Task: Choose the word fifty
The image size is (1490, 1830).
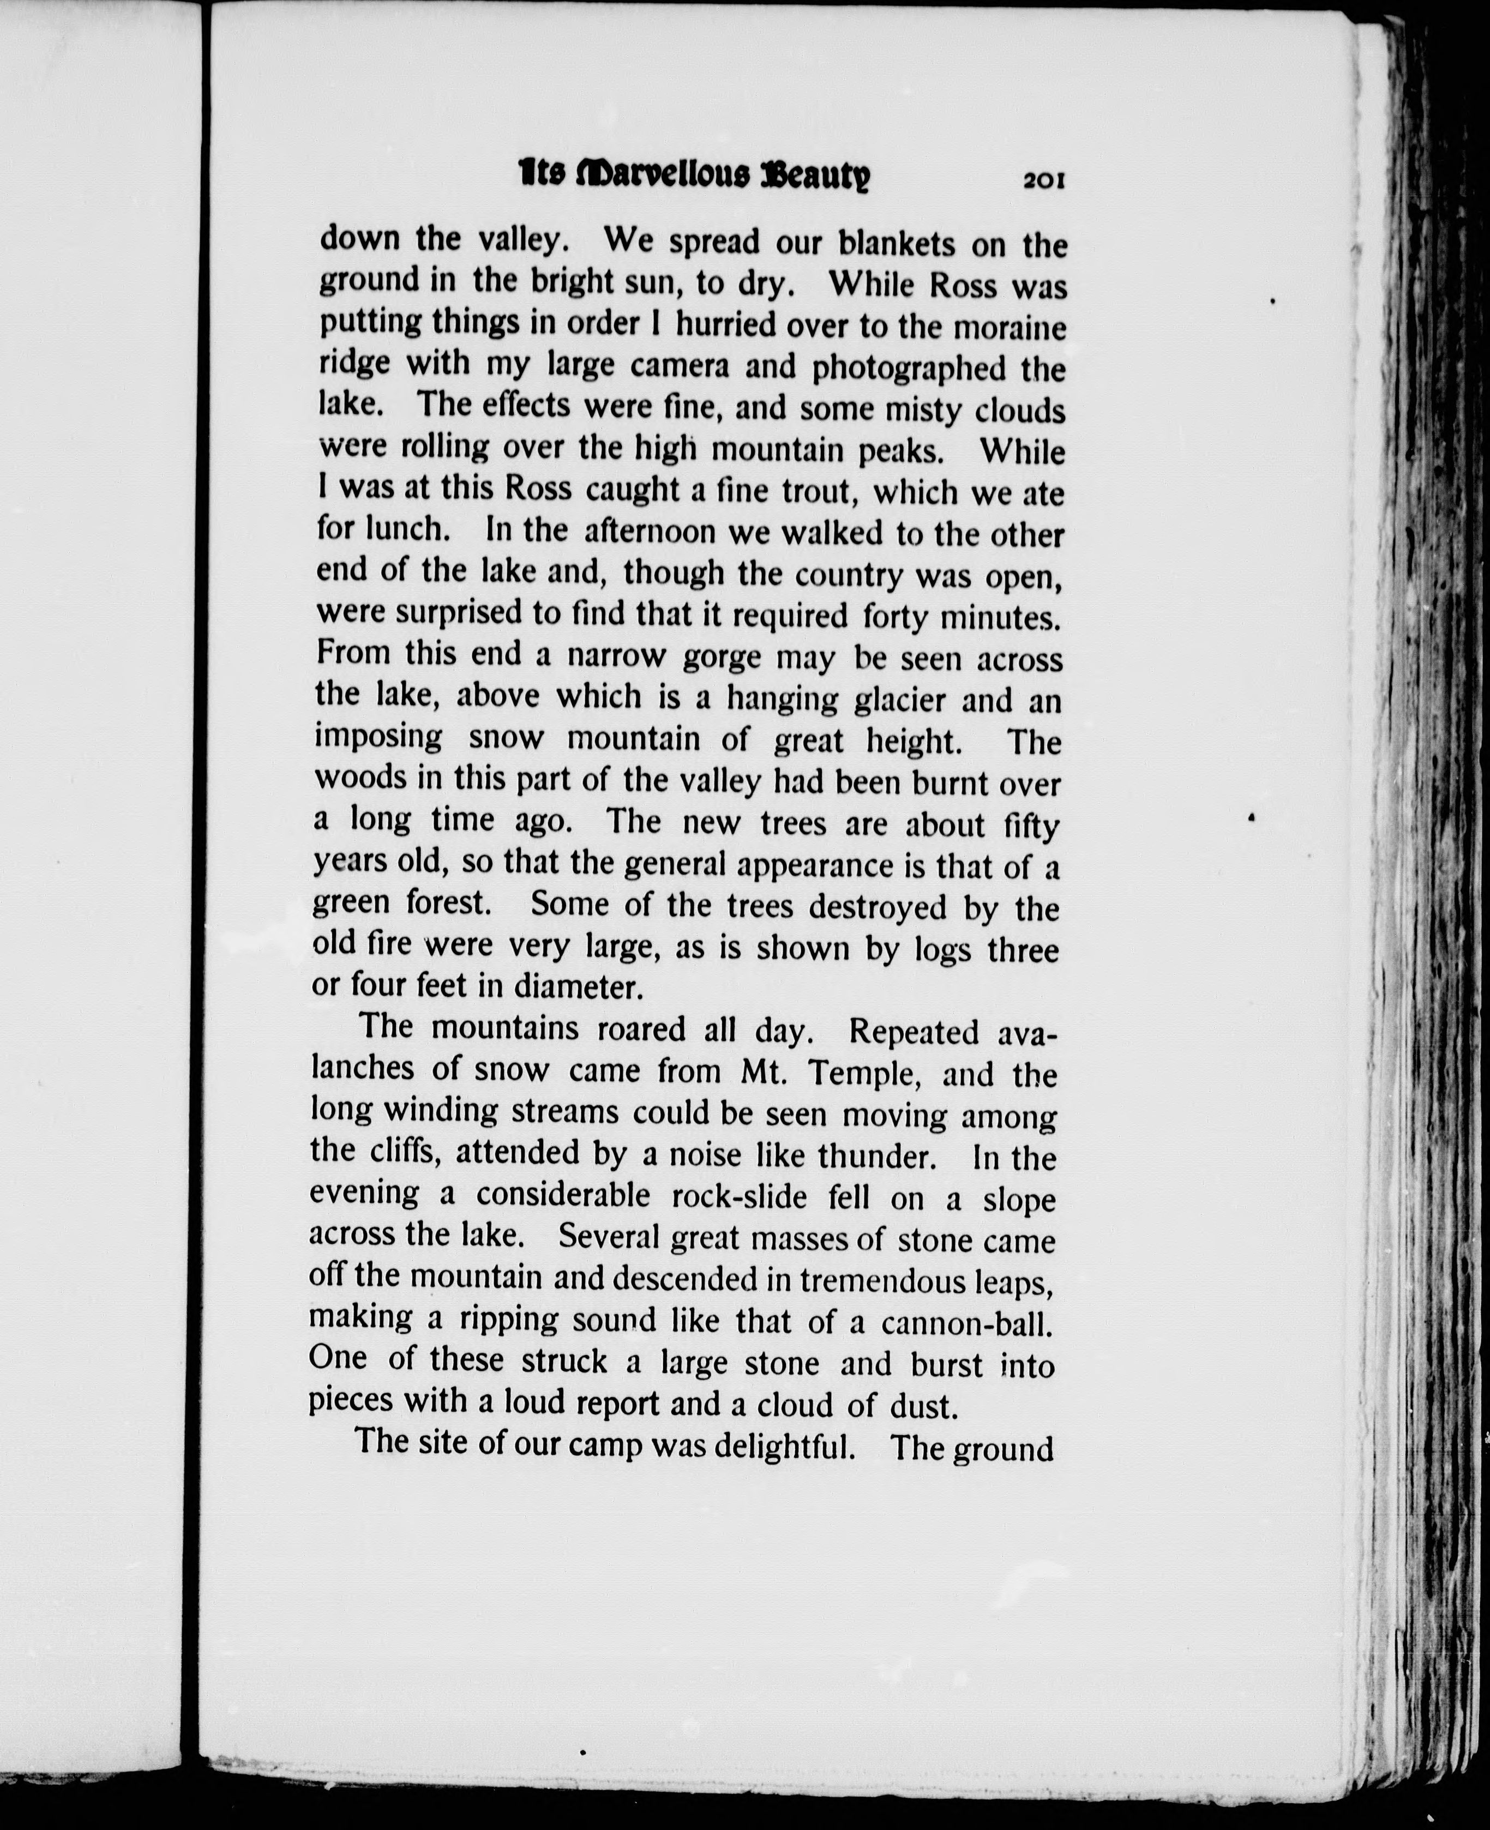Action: click(1031, 826)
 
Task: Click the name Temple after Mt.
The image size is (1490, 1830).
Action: click(858, 1073)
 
